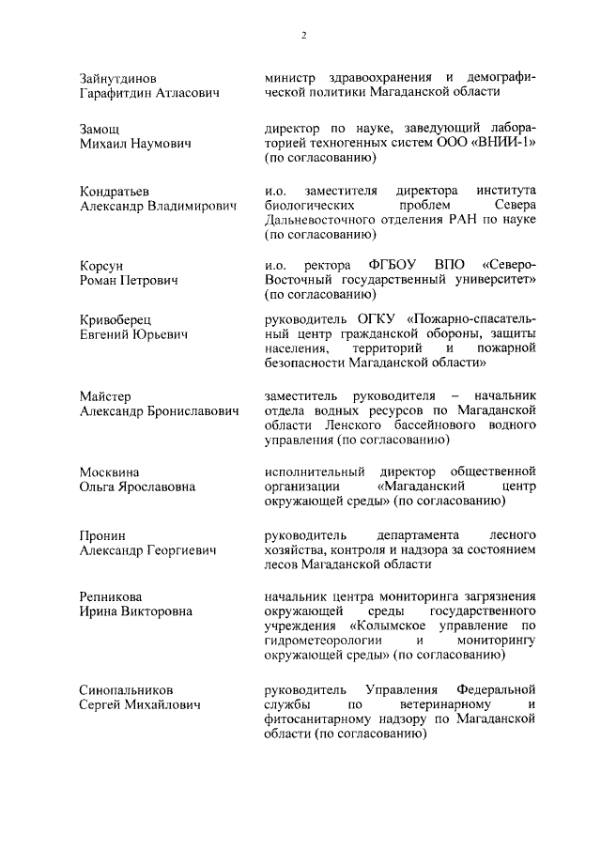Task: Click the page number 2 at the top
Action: (x=304, y=36)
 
